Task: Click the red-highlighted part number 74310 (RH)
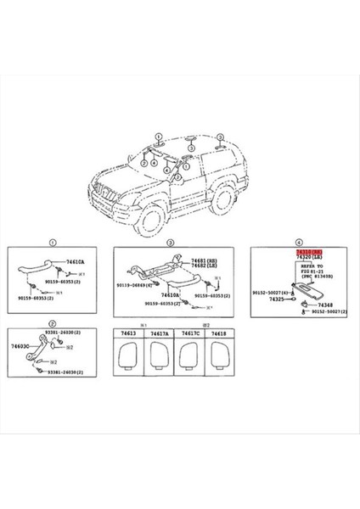309,252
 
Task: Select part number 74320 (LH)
309,258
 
